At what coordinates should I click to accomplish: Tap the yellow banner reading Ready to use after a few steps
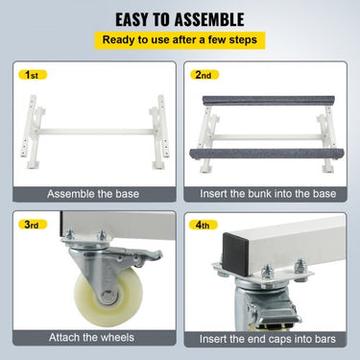tap(180, 40)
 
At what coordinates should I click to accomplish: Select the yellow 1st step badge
tap(32, 75)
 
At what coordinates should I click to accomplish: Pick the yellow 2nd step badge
tap(203, 75)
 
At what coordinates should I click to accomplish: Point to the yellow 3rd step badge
tap(32, 225)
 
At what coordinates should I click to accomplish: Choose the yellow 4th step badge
tap(203, 225)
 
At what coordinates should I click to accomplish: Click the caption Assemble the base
tap(93, 194)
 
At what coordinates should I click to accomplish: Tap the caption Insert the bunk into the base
tap(268, 194)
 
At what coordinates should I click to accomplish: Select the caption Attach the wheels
tap(91, 337)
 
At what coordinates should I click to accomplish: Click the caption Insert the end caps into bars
tap(268, 339)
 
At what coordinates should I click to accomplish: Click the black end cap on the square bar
tap(236, 254)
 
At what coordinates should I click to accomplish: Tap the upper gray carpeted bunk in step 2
tap(269, 100)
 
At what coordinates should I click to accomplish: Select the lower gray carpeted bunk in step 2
tap(262, 155)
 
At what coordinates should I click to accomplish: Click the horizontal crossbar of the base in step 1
tap(97, 132)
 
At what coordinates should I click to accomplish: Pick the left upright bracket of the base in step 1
tap(33, 132)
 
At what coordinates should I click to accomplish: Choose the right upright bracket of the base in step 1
tap(159, 132)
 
